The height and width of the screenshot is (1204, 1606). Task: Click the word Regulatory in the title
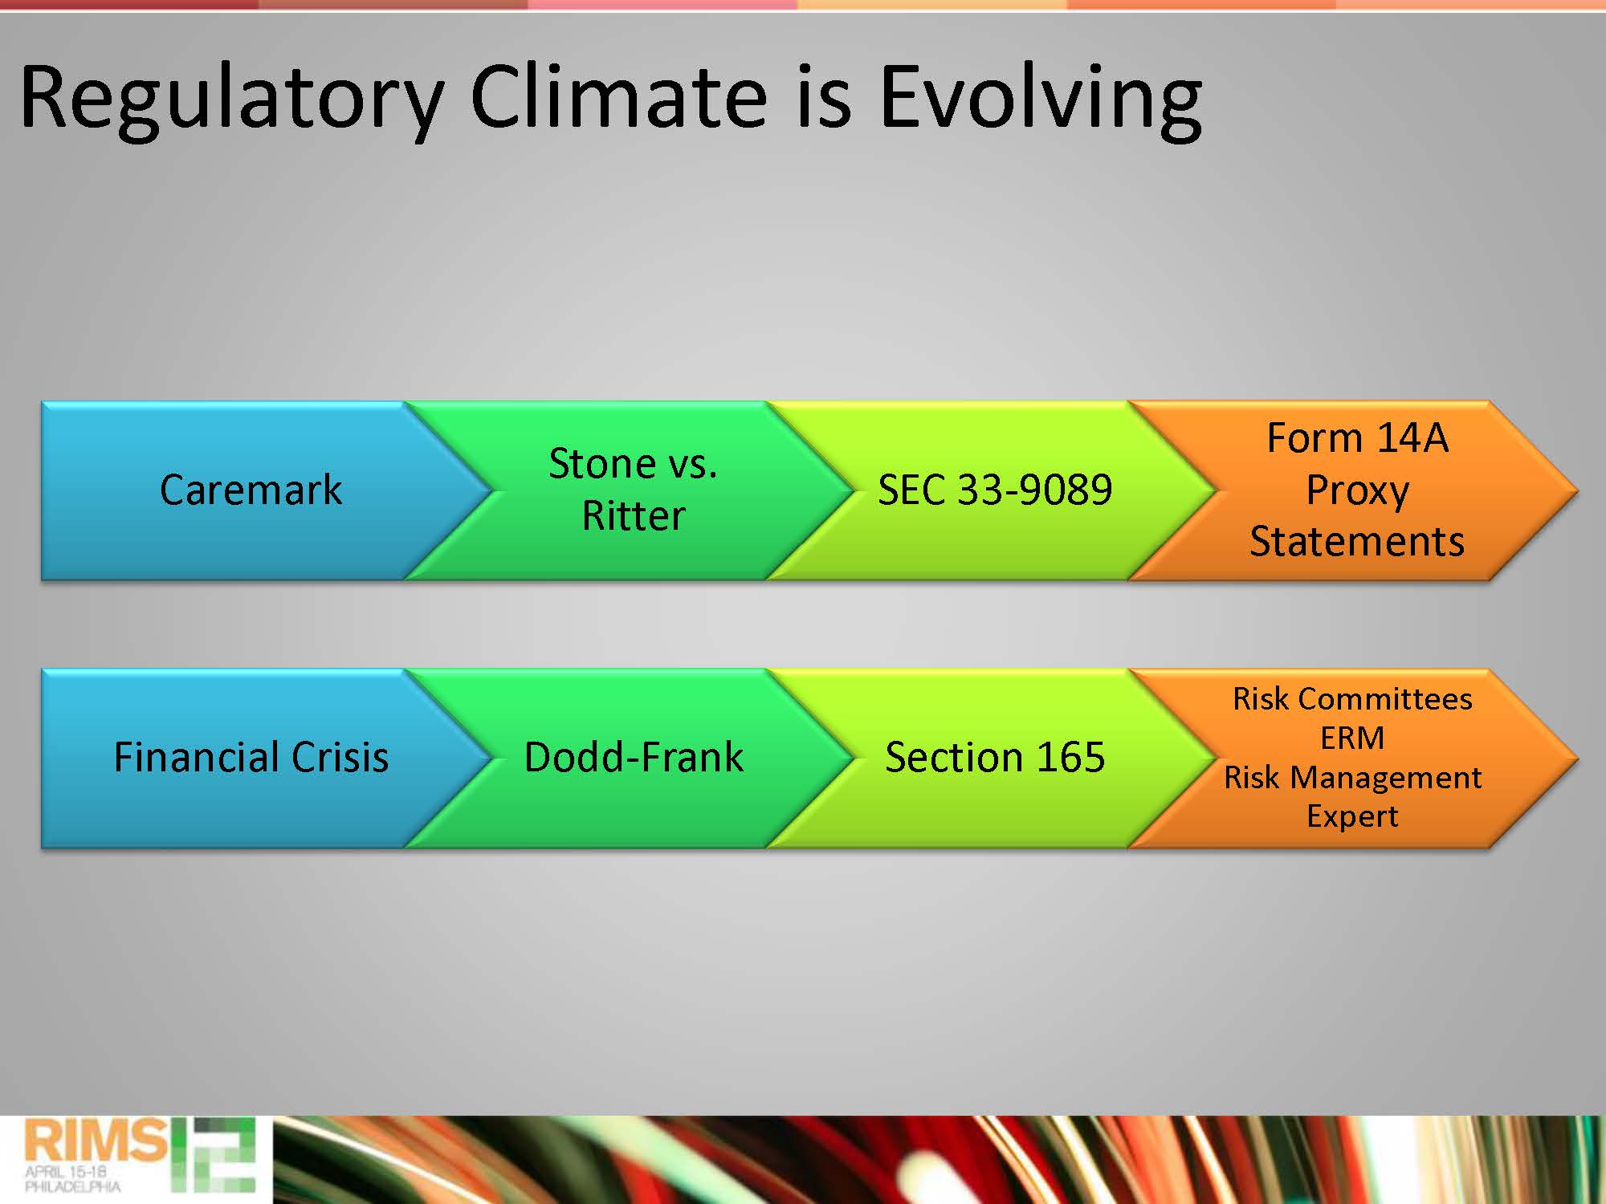(x=231, y=100)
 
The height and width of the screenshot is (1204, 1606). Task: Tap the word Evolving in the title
(x=1041, y=100)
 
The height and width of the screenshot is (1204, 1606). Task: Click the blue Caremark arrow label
(x=251, y=490)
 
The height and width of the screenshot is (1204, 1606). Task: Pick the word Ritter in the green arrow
(x=634, y=515)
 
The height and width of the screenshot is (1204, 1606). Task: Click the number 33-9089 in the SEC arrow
(x=1035, y=490)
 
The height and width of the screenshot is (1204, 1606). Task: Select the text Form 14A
(x=1357, y=438)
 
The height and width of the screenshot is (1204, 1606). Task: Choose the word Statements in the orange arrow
(x=1357, y=541)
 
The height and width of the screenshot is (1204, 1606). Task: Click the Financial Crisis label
(x=251, y=757)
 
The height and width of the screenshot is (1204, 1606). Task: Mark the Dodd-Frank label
(x=634, y=757)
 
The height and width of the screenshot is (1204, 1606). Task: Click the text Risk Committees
(x=1352, y=698)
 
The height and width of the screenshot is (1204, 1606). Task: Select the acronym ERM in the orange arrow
(x=1352, y=738)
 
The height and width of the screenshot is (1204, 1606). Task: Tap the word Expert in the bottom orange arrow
(x=1352, y=817)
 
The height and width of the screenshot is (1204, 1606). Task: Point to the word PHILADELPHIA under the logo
(x=72, y=1186)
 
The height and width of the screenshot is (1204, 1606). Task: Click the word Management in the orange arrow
(x=1386, y=778)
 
